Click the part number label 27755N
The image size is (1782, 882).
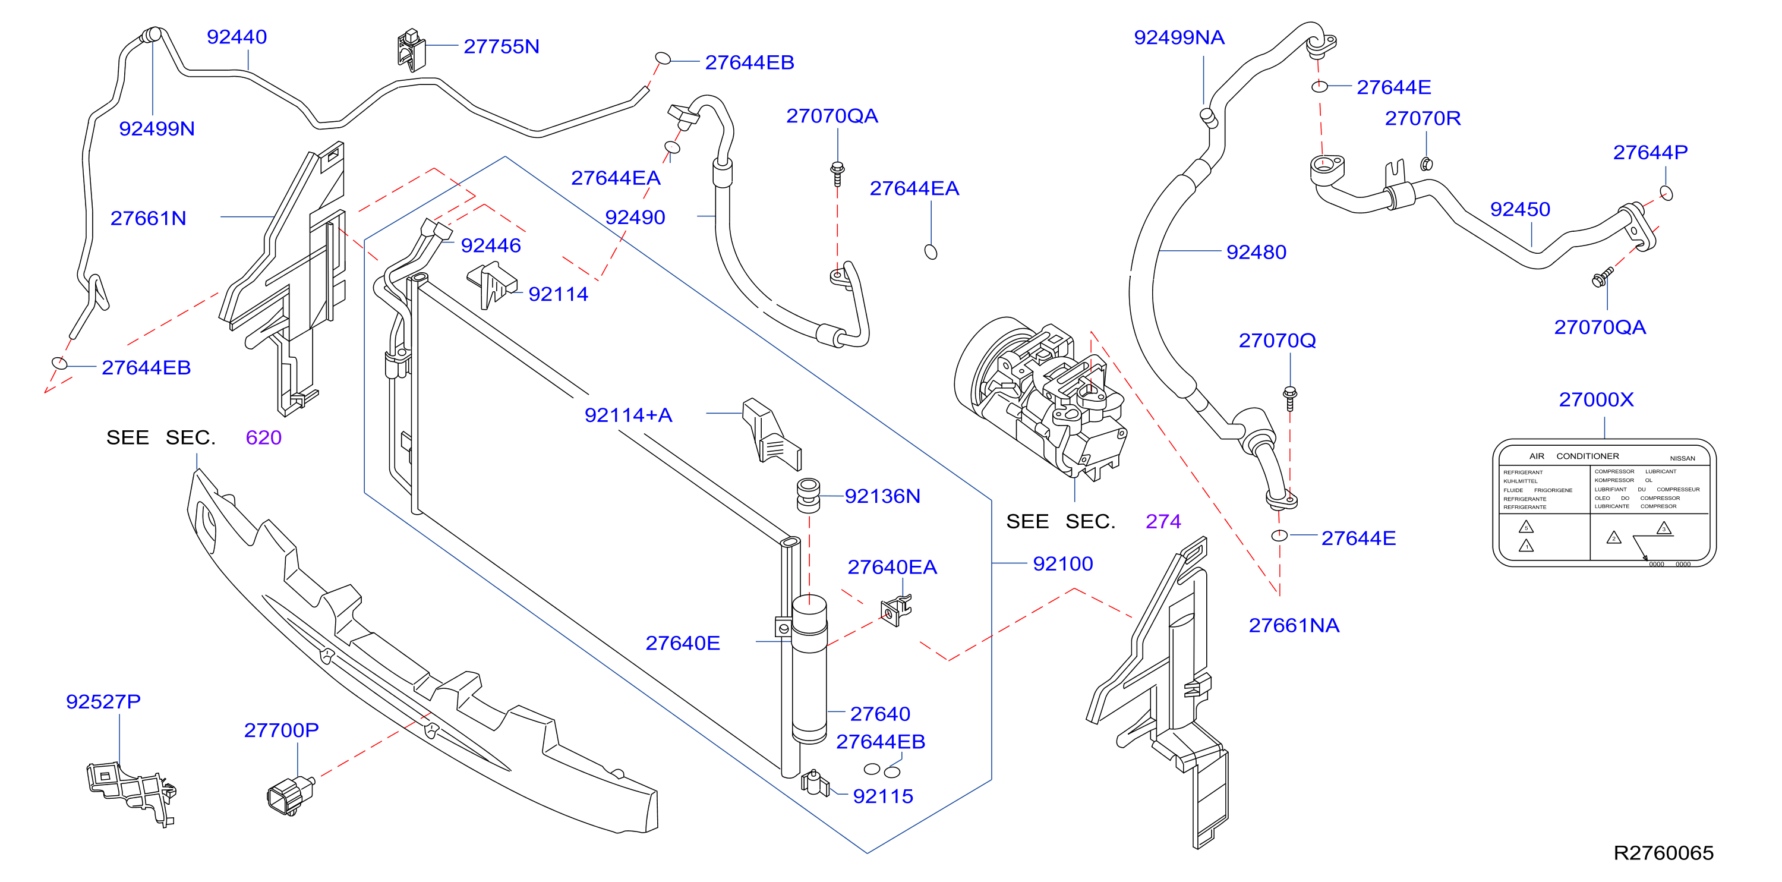pos(502,46)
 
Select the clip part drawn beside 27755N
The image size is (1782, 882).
pos(411,50)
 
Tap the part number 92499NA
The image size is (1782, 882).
pos(1179,37)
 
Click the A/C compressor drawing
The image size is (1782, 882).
pos(1041,398)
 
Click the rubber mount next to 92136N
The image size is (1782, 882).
pos(808,495)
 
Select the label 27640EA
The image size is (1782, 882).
pos(892,567)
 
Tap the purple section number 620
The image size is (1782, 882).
pos(264,438)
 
